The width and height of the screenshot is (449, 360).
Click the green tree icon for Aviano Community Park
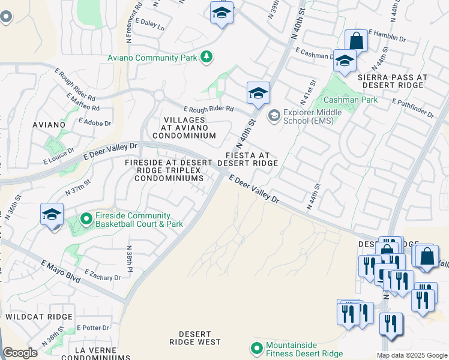(206, 57)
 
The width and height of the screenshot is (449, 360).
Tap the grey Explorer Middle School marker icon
(274, 115)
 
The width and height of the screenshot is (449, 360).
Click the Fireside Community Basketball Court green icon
(86, 220)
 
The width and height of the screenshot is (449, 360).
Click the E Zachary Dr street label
(103, 274)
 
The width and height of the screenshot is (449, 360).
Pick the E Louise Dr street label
(58, 156)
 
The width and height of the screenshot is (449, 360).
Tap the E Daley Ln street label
(150, 24)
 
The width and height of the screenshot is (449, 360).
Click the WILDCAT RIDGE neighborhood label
(39, 316)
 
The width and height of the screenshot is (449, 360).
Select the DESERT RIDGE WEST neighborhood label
(195, 338)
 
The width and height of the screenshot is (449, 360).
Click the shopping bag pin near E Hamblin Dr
(356, 41)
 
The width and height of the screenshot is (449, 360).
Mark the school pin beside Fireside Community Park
(52, 214)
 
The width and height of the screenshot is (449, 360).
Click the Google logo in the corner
(20, 353)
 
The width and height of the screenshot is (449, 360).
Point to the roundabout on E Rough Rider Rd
(159, 95)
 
